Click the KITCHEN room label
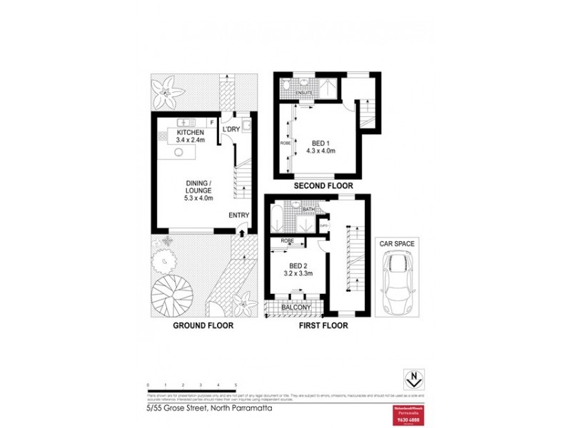click(191, 133)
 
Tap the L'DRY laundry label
click(231, 130)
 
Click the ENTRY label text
click(238, 215)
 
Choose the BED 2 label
click(293, 264)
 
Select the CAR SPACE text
click(397, 243)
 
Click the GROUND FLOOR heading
click(203, 326)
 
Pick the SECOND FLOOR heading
click(323, 186)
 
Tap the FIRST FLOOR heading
click(323, 326)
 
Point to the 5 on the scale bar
click(236, 384)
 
